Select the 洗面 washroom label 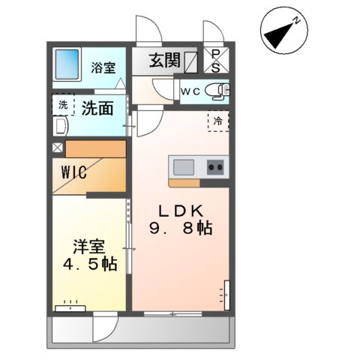click(x=97, y=108)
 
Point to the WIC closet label click(x=73, y=172)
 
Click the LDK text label click(x=179, y=211)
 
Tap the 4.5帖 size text click(x=88, y=264)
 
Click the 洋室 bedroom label click(x=88, y=246)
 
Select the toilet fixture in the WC click(x=220, y=91)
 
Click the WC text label click(x=190, y=91)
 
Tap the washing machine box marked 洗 click(x=62, y=104)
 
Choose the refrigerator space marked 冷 click(x=218, y=119)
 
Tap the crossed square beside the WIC click(x=58, y=147)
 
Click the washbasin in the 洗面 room click(x=60, y=128)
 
